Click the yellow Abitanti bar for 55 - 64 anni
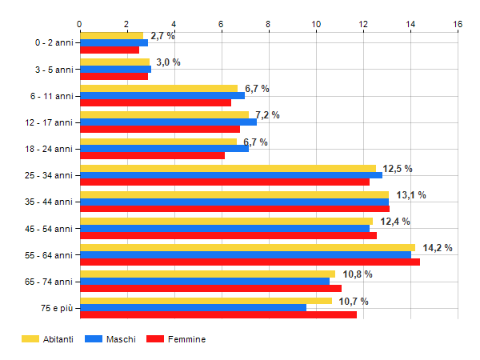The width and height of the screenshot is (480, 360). pyautogui.click(x=248, y=248)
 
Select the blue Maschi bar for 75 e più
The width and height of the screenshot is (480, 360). pyautogui.click(x=193, y=308)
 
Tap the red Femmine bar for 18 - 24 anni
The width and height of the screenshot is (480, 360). pyautogui.click(x=152, y=156)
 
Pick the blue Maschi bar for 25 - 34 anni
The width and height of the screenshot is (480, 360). pyautogui.click(x=231, y=175)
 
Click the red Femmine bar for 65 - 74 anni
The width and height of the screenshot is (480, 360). pyautogui.click(x=210, y=289)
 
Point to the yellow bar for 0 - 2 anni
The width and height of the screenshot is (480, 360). pyautogui.click(x=111, y=35)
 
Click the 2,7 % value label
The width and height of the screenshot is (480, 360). pyautogui.click(x=162, y=36)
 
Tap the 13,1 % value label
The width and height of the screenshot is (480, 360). pyautogui.click(x=410, y=195)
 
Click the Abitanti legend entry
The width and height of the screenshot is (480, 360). pyautogui.click(x=48, y=339)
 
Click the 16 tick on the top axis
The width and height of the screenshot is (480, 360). pyautogui.click(x=458, y=23)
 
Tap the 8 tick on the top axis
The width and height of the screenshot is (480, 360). pyautogui.click(x=269, y=23)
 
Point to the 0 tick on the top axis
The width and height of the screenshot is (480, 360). pyautogui.click(x=80, y=23)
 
